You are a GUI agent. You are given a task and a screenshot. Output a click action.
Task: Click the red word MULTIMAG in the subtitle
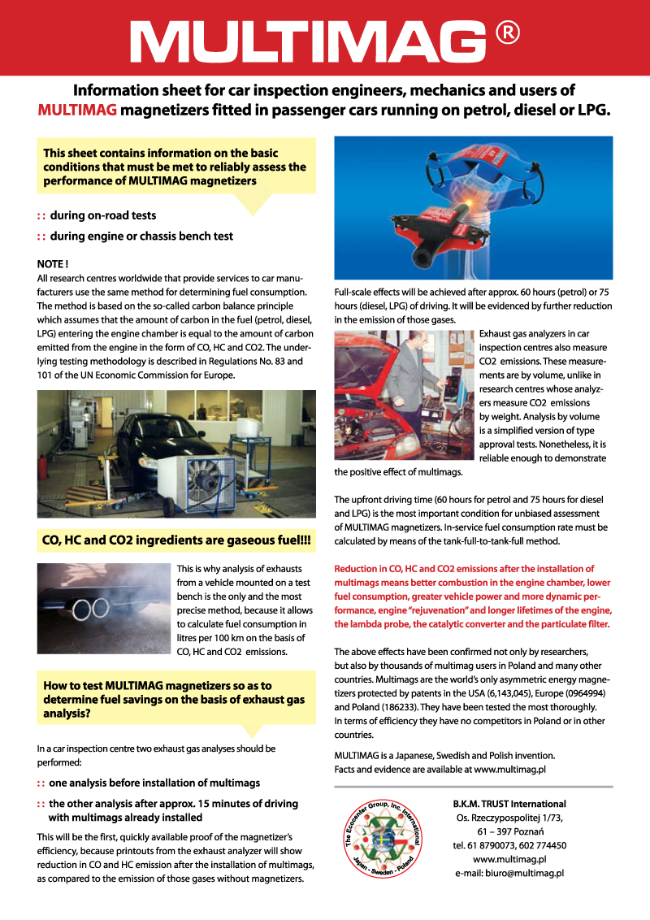pyautogui.click(x=77, y=110)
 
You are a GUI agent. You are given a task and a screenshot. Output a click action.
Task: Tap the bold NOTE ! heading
pyautogui.click(x=53, y=264)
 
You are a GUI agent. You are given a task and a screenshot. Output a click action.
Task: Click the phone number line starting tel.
pyautogui.click(x=509, y=845)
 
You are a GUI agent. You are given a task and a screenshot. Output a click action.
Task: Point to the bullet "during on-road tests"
pyautogui.click(x=102, y=216)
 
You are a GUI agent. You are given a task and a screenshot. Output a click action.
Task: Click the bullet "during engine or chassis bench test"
pyautogui.click(x=141, y=237)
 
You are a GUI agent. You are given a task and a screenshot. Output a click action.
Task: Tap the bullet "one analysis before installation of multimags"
pyautogui.click(x=154, y=783)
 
